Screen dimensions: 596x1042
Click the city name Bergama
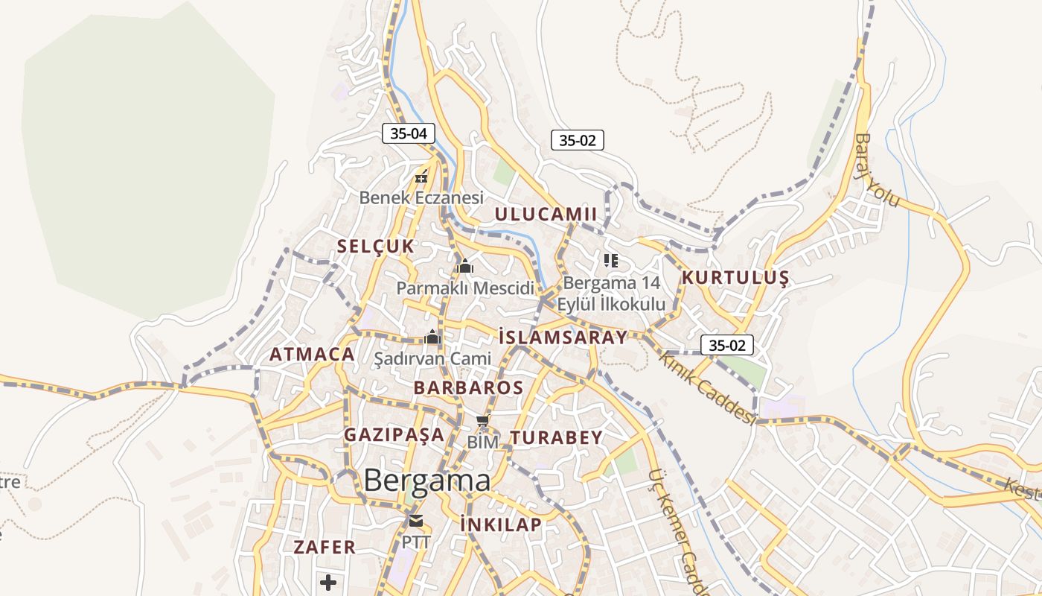point(426,481)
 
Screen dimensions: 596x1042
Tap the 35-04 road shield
point(409,133)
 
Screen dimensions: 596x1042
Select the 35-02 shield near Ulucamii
point(578,139)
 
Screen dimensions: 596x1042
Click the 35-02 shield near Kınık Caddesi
point(727,345)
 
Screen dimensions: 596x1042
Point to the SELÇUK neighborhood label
point(375,247)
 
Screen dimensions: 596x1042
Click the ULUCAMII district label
point(546,215)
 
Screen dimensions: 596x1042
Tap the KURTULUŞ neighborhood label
point(735,279)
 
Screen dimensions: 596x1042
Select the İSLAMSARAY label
point(563,337)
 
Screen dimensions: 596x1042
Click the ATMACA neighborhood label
point(312,355)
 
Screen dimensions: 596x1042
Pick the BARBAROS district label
point(468,388)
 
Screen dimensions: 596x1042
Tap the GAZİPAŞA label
point(394,435)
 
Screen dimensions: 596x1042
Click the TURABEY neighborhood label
point(556,438)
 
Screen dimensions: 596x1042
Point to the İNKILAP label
point(501,524)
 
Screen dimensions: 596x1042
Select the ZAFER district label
point(325,548)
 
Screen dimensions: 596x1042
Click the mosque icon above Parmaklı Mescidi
point(465,266)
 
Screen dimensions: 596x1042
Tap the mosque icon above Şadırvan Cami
point(432,337)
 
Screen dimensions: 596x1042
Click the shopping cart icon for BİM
point(483,422)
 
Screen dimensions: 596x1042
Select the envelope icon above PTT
point(416,521)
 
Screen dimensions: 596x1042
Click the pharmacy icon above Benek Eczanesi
point(421,177)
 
